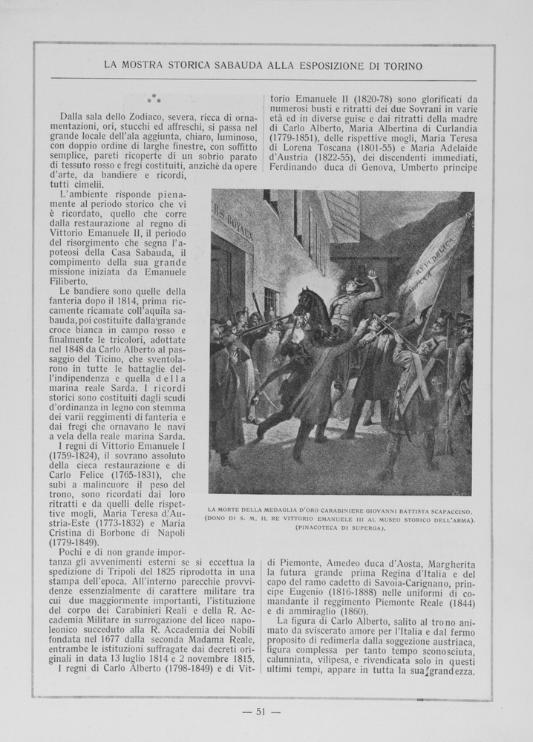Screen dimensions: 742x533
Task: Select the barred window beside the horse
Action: [271, 301]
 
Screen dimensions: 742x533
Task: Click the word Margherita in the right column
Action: [446, 563]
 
